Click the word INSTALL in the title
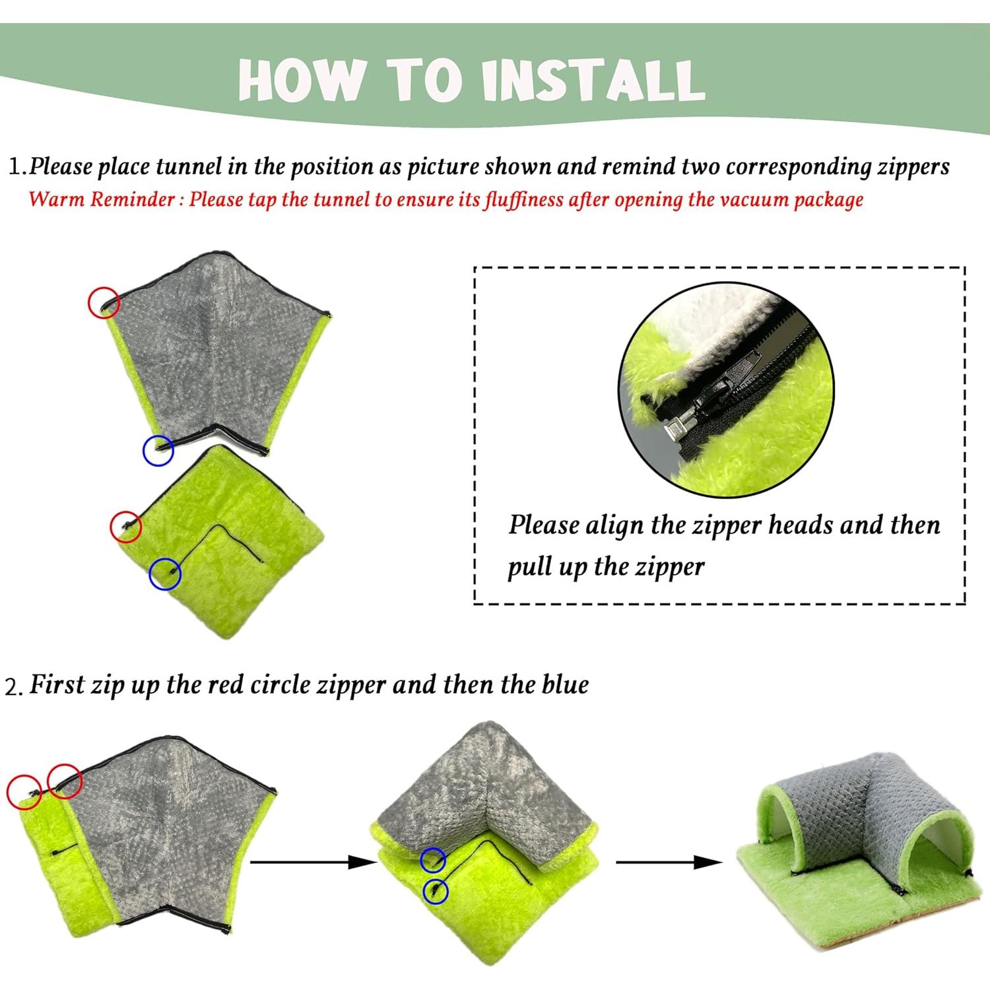pos(593,80)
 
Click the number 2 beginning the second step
pos(12,687)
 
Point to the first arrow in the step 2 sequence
pos(313,861)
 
